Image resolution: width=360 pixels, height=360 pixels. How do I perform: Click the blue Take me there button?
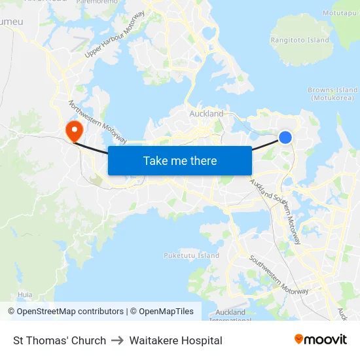(x=180, y=160)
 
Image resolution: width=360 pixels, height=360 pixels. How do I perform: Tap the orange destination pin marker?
(x=73, y=128)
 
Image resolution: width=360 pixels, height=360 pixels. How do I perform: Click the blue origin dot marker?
(x=285, y=137)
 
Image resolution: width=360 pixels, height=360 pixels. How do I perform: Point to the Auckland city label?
(x=206, y=114)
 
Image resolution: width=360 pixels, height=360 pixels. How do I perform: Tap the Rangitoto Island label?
(x=300, y=40)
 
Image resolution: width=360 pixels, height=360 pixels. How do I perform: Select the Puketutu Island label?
(x=191, y=255)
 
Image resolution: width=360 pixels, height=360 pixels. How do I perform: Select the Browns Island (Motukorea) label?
(x=333, y=94)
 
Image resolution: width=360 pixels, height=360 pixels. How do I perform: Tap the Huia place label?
(x=26, y=295)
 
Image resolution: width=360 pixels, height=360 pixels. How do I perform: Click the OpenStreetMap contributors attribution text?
(x=65, y=312)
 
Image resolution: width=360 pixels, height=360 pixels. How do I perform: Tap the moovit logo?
(x=320, y=339)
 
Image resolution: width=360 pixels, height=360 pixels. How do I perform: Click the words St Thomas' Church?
(x=60, y=340)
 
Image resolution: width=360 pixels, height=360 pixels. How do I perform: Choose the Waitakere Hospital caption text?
(x=175, y=340)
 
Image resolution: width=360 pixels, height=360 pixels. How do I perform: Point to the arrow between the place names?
(x=118, y=340)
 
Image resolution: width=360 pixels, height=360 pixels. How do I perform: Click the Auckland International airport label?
(x=230, y=315)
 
